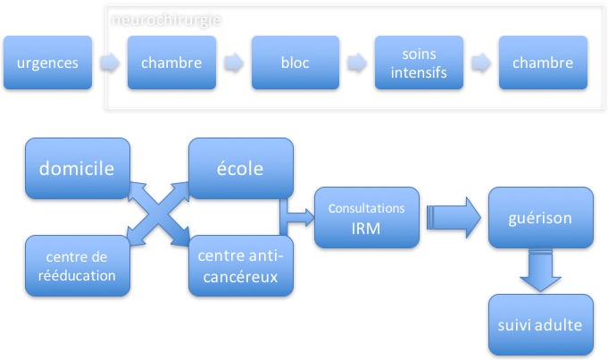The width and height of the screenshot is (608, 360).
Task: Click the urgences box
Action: pos(47,63)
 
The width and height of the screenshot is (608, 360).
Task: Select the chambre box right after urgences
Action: pos(171,63)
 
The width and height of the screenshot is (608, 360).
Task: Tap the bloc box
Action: pos(295,63)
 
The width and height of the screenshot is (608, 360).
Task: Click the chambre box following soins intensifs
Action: pos(543,63)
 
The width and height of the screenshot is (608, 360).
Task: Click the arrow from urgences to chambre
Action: pos(109,63)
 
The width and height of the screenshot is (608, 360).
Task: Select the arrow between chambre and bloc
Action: pos(233,63)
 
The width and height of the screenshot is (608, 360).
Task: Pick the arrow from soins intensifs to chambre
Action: pos(480,63)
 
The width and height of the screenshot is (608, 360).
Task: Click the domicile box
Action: pos(78,168)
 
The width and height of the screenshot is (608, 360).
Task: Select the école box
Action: pos(240,168)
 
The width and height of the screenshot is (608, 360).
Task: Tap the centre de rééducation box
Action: pos(78,266)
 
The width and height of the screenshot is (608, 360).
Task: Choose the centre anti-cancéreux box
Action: pos(240,266)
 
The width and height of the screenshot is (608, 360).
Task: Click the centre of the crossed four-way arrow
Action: pos(159,216)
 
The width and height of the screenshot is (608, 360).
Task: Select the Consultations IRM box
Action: pos(367,217)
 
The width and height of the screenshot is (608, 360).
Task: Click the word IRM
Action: pos(367,227)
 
